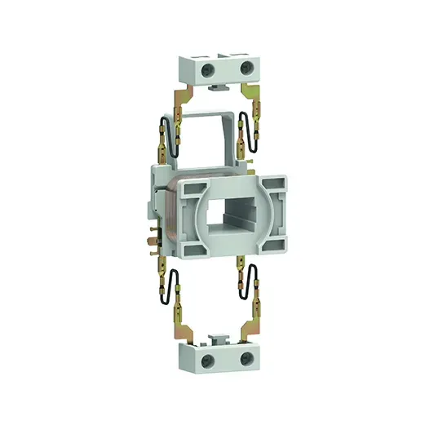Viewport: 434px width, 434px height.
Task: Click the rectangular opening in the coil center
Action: (x=224, y=216)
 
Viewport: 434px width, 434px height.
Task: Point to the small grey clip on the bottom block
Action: (x=218, y=336)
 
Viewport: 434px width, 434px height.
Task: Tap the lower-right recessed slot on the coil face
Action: (x=269, y=243)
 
